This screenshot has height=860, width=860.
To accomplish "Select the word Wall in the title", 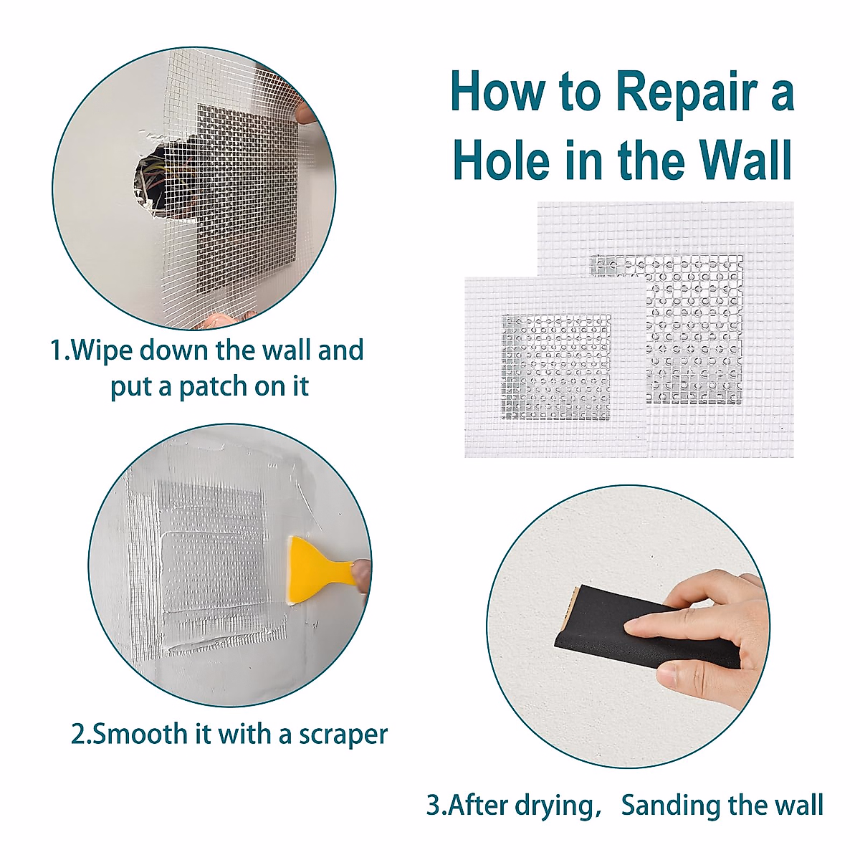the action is pos(740,161).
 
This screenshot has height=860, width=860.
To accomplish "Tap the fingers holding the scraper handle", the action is pos(360,575).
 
